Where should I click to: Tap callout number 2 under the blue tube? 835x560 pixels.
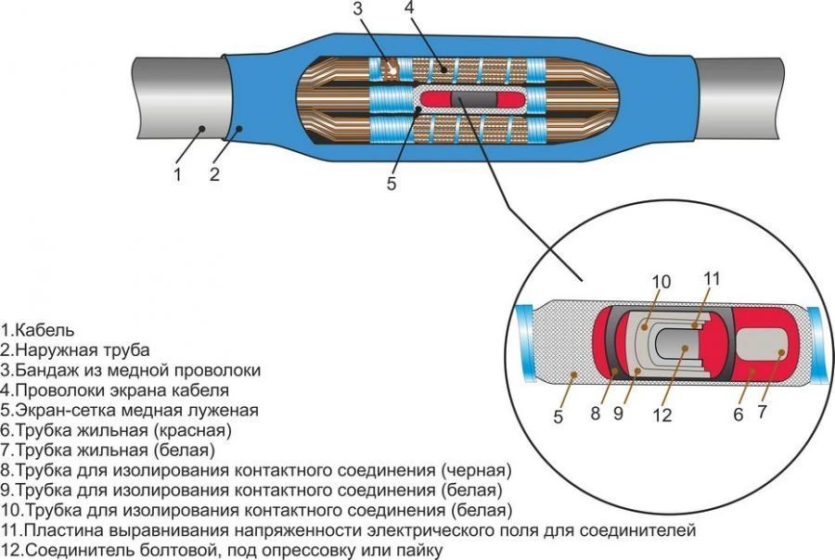point(214,173)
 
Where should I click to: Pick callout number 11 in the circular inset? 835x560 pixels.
point(711,278)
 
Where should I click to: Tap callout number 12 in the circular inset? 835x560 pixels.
point(662,415)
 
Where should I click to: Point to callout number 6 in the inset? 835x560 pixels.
point(739,415)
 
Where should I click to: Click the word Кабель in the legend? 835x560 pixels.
point(43,329)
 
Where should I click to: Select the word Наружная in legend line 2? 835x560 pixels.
point(50,350)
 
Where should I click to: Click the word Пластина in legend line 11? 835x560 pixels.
point(58,530)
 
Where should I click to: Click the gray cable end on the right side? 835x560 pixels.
point(761,93)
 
